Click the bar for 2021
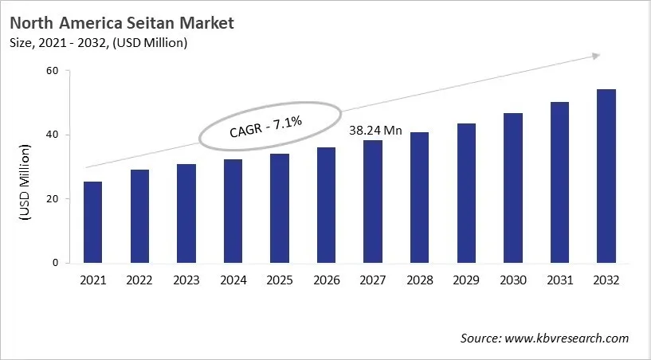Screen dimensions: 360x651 92,222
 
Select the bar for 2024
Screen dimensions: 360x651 233,211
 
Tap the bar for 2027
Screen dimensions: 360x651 373,202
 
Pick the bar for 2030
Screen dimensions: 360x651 512,188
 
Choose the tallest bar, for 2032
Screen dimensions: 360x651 606,176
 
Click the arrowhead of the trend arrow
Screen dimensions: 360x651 594,56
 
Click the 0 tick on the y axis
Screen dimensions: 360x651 56,263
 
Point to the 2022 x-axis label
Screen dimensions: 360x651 139,280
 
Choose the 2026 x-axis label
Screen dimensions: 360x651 326,280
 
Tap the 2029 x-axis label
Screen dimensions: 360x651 466,280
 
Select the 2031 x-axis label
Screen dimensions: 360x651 559,280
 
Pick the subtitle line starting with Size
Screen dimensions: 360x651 100,43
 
